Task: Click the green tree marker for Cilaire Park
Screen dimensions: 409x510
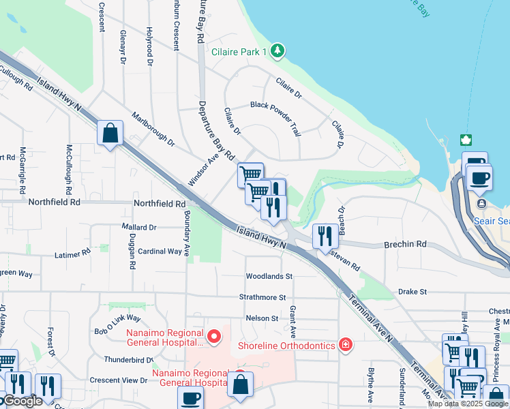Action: pos(277,50)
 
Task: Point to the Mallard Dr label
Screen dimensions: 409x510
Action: pos(139,227)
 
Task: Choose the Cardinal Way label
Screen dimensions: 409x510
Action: pos(160,252)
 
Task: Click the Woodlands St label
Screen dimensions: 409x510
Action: pos(269,276)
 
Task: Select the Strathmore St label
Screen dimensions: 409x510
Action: pos(262,297)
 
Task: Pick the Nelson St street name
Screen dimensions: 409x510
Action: pos(262,318)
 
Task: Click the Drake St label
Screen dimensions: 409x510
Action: pos(412,292)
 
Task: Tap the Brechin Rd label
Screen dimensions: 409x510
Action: pos(404,243)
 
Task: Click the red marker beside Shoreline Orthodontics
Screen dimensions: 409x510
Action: pos(346,344)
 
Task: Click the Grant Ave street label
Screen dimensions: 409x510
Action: pos(292,322)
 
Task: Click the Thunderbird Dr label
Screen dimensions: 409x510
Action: pos(129,360)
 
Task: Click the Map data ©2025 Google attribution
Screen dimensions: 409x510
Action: pos(468,404)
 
